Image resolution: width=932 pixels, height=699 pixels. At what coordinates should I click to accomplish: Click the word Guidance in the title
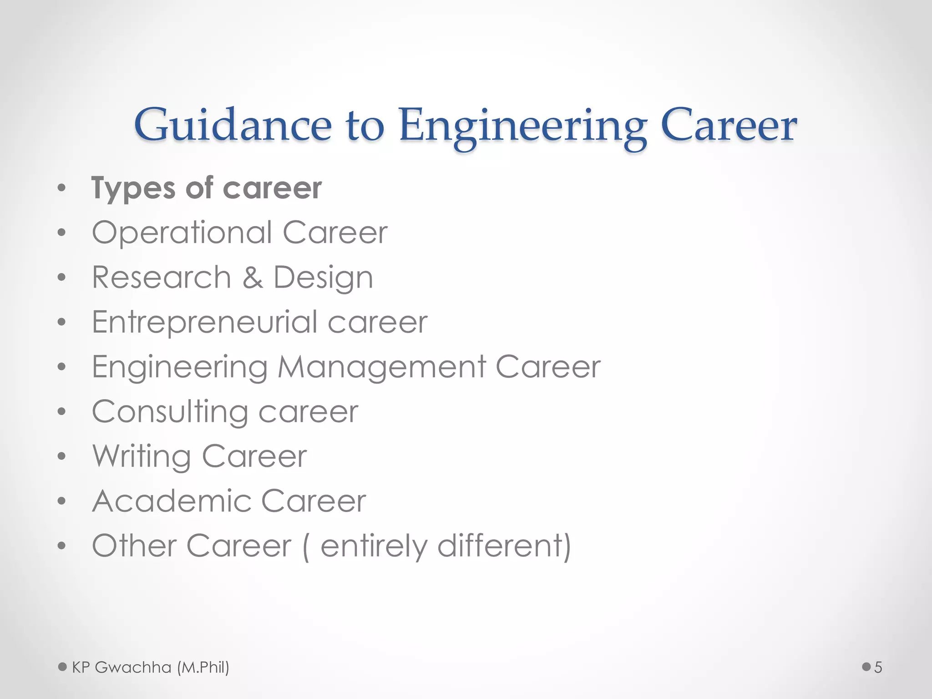coord(233,126)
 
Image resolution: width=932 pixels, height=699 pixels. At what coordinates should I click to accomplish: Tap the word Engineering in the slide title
coord(522,127)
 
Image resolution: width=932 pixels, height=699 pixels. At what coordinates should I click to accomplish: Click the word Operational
coord(182,233)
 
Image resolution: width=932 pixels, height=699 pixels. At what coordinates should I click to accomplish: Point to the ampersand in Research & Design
coord(253,278)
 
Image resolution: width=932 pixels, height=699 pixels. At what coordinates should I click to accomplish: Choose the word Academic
coord(172,501)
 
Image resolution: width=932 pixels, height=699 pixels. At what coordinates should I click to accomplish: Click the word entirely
coord(374,547)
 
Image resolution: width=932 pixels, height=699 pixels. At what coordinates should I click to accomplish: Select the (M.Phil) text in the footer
coord(203,668)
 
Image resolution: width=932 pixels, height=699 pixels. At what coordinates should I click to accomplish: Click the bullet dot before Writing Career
coord(62,456)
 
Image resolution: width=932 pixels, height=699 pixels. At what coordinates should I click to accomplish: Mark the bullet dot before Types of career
coord(62,188)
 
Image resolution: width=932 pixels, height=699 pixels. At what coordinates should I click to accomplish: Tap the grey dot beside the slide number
coord(866,667)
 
